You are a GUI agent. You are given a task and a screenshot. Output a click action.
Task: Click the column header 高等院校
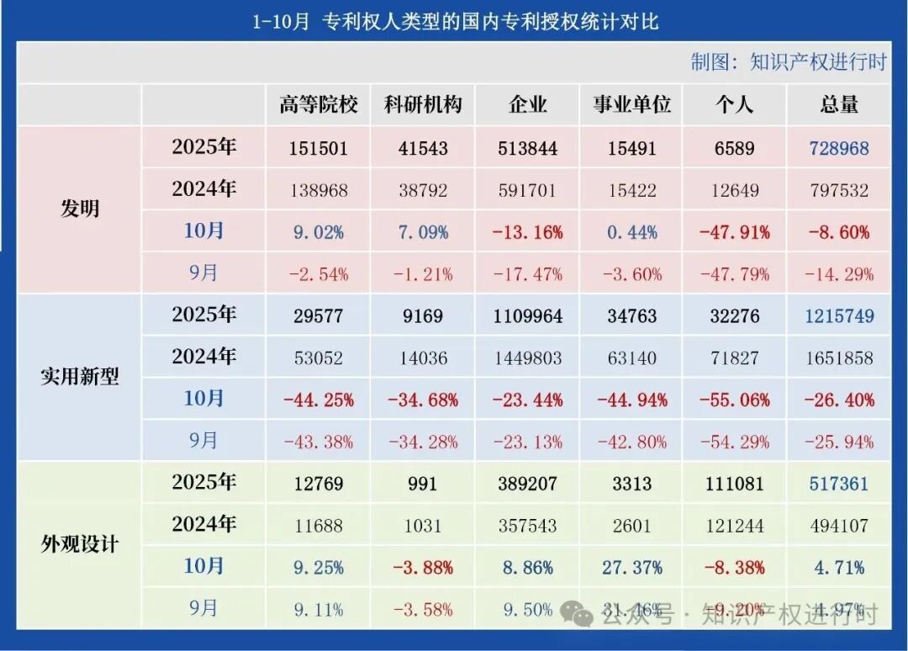319,104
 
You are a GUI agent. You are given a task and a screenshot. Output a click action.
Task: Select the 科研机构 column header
423,104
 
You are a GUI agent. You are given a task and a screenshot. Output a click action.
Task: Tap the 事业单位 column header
631,104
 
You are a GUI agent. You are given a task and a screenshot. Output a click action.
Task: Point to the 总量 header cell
838,104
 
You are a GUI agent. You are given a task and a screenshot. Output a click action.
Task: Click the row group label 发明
80,209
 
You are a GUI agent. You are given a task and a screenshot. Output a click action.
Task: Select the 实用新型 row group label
80,377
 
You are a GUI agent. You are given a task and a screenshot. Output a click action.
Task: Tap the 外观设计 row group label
80,544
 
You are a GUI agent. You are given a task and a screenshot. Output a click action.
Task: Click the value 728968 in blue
838,148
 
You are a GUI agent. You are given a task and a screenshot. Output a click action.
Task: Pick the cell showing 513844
528,148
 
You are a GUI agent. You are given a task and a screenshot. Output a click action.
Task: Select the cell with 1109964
528,316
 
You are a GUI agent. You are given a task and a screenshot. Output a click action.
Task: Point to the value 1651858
838,358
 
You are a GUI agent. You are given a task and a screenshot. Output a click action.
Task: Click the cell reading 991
423,484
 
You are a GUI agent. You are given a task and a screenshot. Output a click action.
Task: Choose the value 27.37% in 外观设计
631,568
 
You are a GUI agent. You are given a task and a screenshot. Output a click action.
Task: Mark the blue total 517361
838,484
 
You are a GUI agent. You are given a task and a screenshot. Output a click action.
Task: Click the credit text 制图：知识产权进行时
788,62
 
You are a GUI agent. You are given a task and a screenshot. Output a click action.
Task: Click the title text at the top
455,21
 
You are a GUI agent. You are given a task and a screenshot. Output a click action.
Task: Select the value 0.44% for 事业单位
631,232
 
